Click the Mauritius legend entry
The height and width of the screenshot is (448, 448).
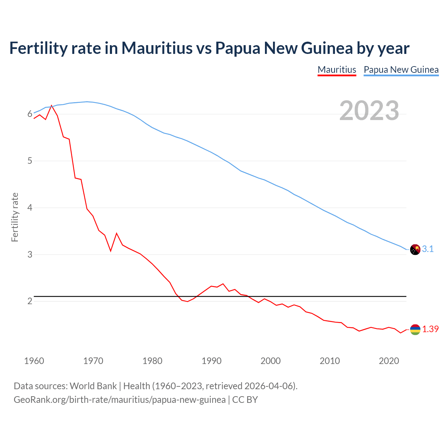tap(337, 70)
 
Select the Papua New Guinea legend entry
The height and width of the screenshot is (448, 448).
tap(401, 70)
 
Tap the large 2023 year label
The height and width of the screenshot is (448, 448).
tap(369, 111)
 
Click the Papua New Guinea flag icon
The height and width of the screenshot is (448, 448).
tap(415, 250)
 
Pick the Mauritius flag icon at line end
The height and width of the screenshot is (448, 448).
tap(415, 329)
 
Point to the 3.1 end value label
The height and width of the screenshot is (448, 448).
tap(428, 249)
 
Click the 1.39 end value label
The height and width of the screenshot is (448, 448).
tap(430, 329)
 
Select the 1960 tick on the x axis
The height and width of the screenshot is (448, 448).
tap(34, 361)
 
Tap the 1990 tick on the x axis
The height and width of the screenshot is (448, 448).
tap(211, 361)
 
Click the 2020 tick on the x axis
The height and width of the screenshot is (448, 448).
tap(389, 361)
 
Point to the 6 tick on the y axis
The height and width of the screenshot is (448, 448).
tap(30, 114)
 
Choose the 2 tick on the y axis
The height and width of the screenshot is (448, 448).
tap(30, 301)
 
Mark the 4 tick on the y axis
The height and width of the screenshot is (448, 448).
tap(30, 208)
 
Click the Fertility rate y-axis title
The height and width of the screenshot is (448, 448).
tap(15, 217)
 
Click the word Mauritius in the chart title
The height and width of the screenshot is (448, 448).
tap(157, 48)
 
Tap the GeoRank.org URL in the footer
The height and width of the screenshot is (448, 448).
tap(119, 400)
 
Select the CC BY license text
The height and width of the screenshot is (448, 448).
tap(245, 400)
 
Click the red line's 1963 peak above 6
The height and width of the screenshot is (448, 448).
tap(51, 105)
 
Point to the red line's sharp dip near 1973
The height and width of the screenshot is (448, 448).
tap(111, 251)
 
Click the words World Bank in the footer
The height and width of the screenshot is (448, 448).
tap(93, 386)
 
